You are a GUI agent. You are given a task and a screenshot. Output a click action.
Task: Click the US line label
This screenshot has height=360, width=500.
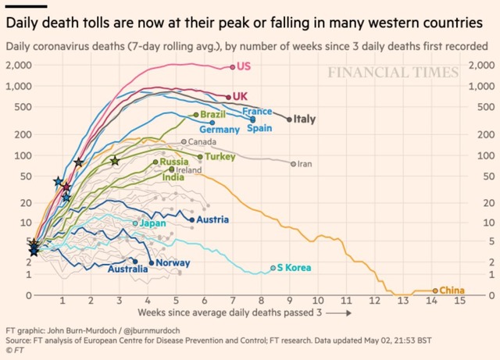click(x=245, y=66)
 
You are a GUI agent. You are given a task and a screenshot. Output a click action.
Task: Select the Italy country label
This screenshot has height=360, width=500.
click(x=304, y=119)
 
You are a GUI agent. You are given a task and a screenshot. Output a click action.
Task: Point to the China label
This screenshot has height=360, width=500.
click(x=452, y=290)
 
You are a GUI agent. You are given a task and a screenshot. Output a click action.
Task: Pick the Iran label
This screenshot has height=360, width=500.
click(x=305, y=164)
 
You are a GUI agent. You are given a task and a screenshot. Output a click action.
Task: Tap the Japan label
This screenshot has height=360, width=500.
click(x=153, y=223)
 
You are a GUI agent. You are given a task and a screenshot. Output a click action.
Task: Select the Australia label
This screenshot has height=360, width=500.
click(x=128, y=270)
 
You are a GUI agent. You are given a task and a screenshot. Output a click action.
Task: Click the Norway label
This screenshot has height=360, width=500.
click(x=173, y=262)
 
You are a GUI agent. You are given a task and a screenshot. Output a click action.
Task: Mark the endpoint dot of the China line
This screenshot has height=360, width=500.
click(x=435, y=290)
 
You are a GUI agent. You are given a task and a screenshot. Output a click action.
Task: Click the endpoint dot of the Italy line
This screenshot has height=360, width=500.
click(x=289, y=119)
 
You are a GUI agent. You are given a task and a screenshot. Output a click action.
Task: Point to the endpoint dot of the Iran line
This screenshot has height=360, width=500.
click(x=293, y=164)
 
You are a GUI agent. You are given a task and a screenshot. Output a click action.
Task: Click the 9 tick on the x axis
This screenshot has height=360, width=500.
click(x=290, y=301)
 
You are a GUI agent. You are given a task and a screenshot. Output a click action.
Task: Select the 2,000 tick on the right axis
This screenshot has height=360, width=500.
click(x=477, y=64)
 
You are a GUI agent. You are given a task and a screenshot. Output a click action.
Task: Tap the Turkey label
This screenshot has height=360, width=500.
click(x=220, y=157)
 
